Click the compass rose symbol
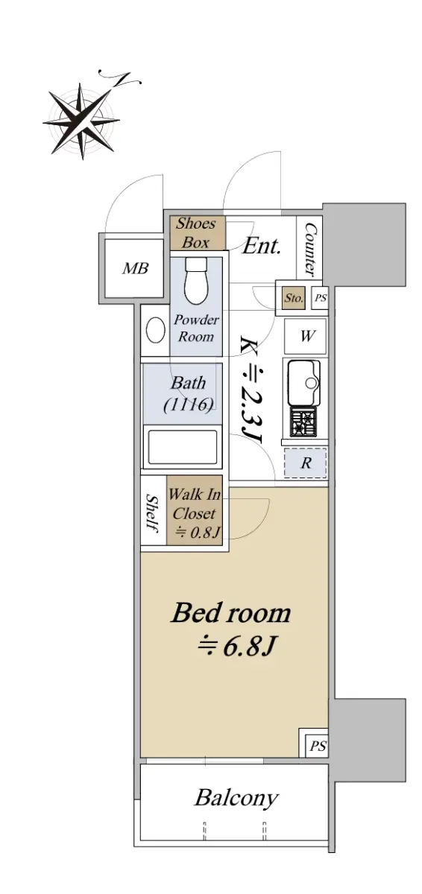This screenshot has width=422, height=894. point(82,121)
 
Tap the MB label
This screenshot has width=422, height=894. point(136,268)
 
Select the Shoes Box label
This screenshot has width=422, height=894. point(195,233)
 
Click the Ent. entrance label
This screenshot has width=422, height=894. point(262,247)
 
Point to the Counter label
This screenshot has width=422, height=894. point(311,249)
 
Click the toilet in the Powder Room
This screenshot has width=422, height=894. point(196,282)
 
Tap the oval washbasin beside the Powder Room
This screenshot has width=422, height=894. point(156,330)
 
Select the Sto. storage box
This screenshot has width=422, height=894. point(294,298)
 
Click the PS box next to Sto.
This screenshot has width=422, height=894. point(320,298)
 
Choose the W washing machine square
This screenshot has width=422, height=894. point(306,336)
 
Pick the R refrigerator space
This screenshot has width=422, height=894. point(306,463)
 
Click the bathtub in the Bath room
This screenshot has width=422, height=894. point(183,446)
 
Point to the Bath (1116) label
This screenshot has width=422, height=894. point(189,393)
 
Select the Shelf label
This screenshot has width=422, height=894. point(152,513)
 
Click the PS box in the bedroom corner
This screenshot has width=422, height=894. point(318,746)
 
